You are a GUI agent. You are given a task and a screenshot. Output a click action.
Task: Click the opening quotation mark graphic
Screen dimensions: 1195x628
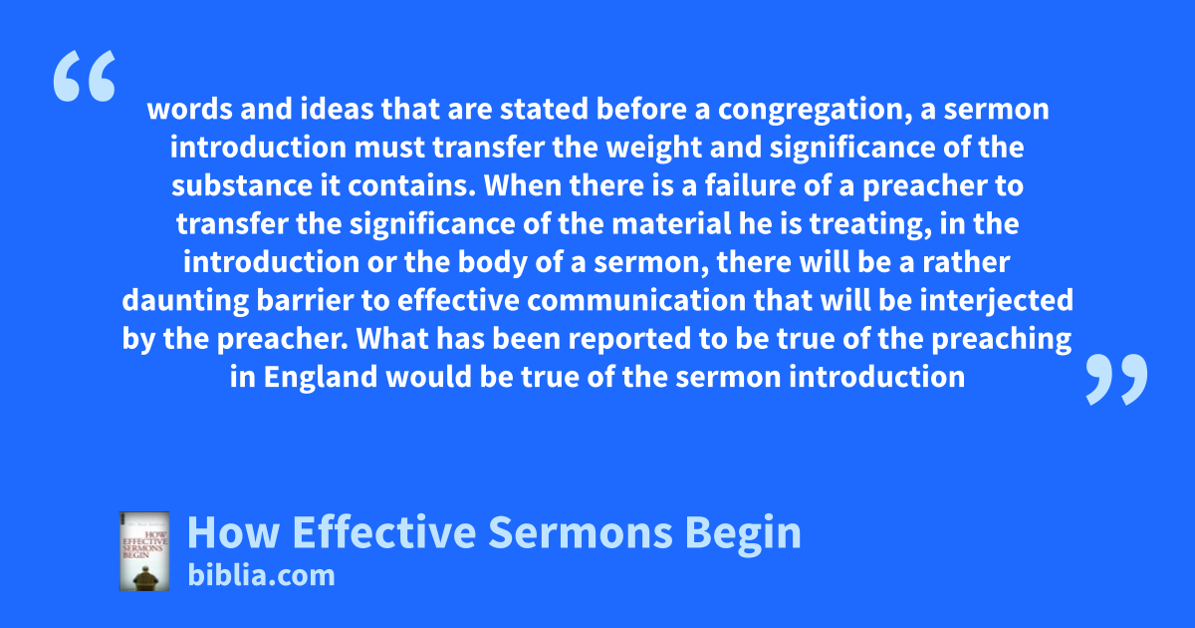(85, 76)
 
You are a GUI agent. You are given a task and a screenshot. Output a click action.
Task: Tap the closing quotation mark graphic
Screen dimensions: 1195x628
(1116, 379)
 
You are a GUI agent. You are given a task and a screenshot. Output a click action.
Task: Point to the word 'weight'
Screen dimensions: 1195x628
(654, 149)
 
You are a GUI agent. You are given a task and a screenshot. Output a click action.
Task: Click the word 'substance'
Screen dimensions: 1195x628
(242, 185)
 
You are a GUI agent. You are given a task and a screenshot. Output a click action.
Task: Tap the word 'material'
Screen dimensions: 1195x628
(671, 223)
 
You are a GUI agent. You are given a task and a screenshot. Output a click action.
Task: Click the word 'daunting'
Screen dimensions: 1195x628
(185, 301)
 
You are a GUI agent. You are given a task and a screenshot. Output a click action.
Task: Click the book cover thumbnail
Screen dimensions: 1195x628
(144, 551)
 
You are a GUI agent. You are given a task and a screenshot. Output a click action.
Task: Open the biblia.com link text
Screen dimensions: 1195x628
(261, 576)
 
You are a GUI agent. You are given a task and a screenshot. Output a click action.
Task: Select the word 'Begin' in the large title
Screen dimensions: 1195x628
(743, 534)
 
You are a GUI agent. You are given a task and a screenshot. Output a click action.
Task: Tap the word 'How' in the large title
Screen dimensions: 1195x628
(234, 532)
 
